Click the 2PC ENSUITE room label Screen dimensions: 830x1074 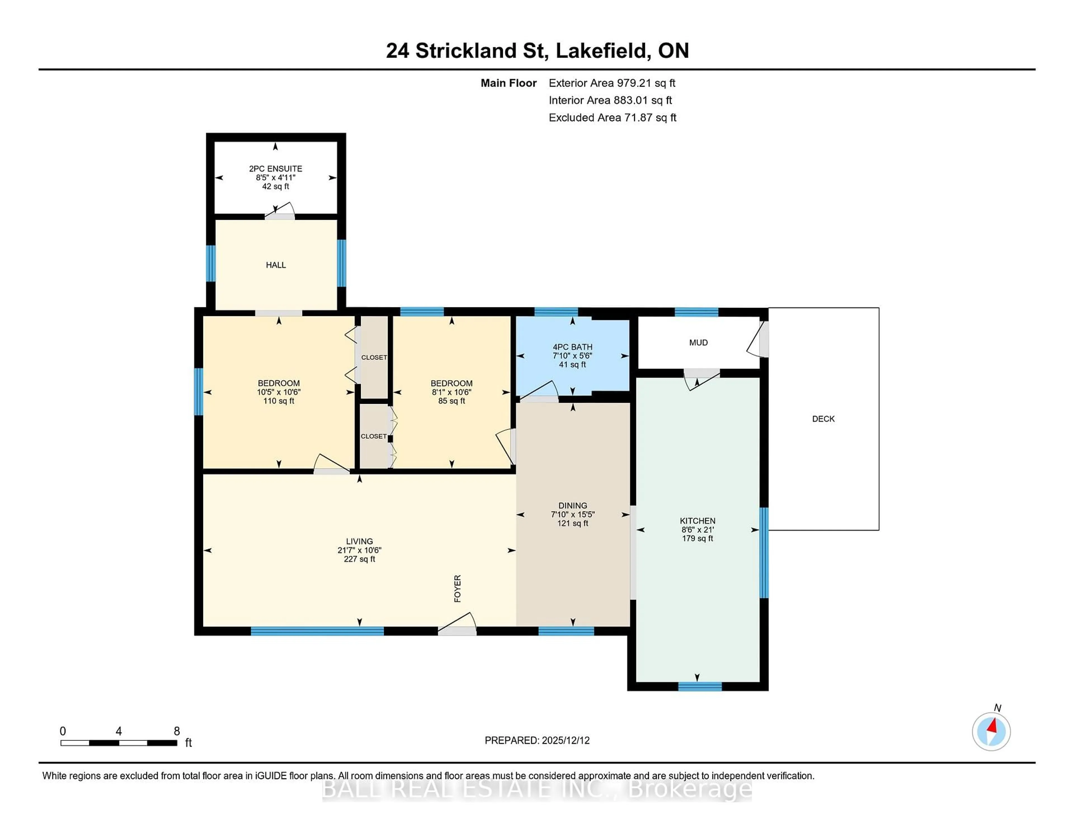pyautogui.click(x=275, y=169)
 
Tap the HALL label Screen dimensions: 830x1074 pyautogui.click(x=275, y=265)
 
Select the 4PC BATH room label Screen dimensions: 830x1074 pyautogui.click(x=573, y=347)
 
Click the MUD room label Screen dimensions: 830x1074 pyautogui.click(x=698, y=343)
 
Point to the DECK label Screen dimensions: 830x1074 pyautogui.click(x=823, y=419)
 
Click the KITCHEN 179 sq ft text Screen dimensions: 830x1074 pyautogui.click(x=697, y=538)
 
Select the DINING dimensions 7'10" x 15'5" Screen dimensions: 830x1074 pyautogui.click(x=573, y=514)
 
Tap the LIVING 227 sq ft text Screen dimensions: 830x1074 pyautogui.click(x=359, y=559)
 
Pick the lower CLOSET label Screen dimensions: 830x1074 pyautogui.click(x=374, y=436)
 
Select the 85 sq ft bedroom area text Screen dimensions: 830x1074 pyautogui.click(x=451, y=401)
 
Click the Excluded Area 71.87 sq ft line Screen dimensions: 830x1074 pyautogui.click(x=612, y=117)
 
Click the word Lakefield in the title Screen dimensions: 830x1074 pyautogui.click(x=601, y=51)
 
